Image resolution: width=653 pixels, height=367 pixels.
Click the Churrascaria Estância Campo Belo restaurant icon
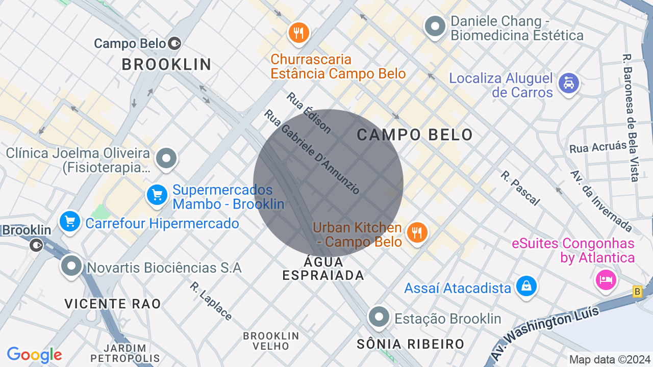[298, 33]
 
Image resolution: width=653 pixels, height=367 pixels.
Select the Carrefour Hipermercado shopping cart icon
[70, 222]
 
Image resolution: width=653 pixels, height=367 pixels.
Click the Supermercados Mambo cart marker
[157, 195]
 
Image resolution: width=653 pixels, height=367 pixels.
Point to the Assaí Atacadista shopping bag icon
[526, 286]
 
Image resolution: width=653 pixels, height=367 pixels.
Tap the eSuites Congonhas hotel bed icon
[606, 279]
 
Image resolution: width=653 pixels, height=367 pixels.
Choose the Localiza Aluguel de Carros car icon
[568, 83]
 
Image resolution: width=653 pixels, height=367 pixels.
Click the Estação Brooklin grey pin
[379, 317]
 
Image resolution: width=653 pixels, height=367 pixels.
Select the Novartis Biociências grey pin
[71, 266]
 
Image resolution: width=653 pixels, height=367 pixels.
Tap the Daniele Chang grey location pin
[435, 27]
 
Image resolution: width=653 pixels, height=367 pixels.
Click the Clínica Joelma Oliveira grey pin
[166, 159]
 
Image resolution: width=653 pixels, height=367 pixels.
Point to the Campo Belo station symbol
[175, 43]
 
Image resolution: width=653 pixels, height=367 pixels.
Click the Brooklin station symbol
[36, 245]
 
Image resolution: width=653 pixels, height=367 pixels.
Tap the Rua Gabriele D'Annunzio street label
[312, 152]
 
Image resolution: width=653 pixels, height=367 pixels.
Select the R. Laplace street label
[211, 301]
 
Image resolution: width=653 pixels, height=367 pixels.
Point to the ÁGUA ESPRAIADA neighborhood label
[324, 269]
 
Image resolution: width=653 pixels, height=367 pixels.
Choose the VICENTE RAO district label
[113, 304]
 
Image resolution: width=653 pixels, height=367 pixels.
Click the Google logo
[34, 355]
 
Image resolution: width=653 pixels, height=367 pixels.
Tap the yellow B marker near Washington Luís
[637, 292]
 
